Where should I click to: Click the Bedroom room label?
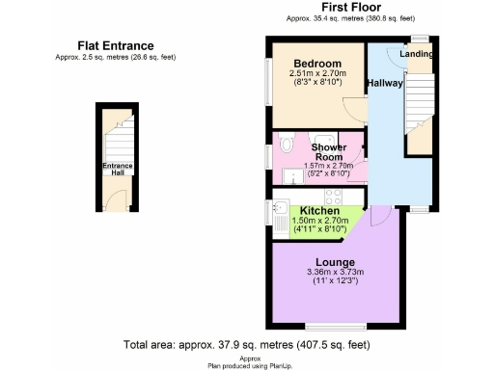[316, 63]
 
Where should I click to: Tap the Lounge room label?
[316, 262]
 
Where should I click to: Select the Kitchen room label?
[319, 210]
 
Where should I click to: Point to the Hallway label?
[385, 84]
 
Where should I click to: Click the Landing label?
[417, 55]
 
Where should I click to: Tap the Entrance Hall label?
[119, 170]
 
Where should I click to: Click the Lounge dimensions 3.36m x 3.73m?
[316, 273]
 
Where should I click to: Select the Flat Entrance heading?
[116, 45]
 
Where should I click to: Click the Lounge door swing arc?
[378, 216]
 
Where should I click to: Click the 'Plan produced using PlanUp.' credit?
[247, 364]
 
